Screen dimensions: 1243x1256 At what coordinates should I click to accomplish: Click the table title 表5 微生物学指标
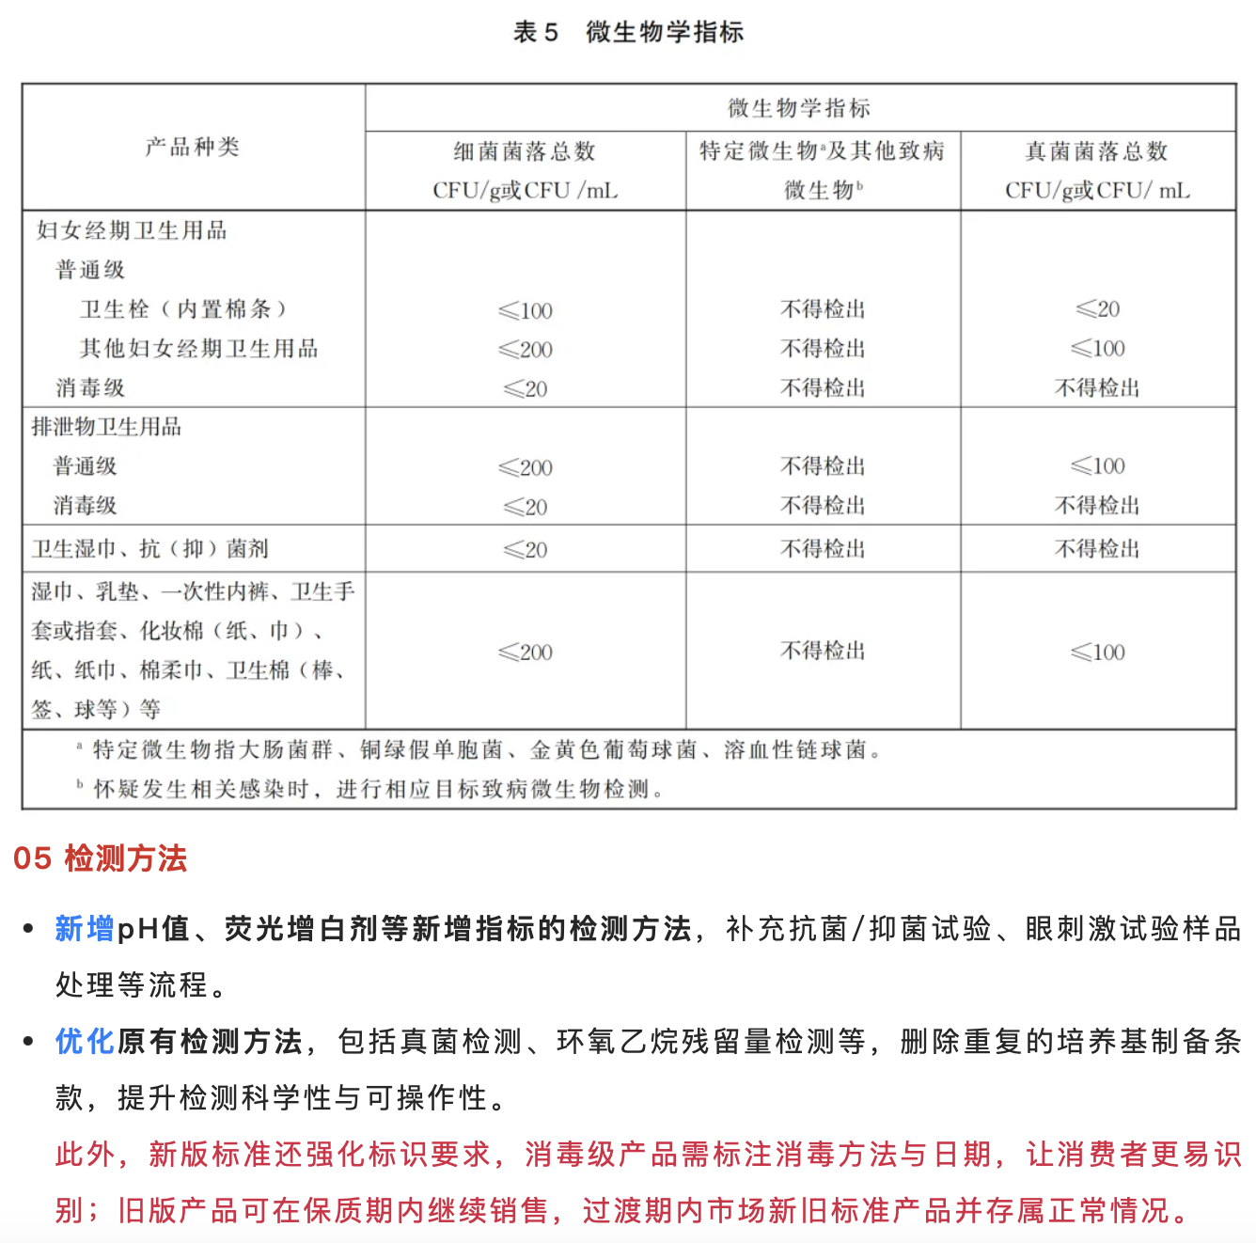point(628,32)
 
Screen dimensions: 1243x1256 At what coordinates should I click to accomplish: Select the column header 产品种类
point(193,147)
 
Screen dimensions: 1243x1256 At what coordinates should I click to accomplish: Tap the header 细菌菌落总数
point(525,151)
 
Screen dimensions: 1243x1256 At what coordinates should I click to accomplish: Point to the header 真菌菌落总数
point(1096,151)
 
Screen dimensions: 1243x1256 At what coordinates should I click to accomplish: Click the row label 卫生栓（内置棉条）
point(183,309)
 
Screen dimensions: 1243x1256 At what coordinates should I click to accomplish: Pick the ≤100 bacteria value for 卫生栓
point(526,311)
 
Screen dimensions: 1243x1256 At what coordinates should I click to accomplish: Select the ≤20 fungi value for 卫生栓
point(1097,309)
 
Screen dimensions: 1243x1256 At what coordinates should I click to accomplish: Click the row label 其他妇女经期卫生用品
point(198,349)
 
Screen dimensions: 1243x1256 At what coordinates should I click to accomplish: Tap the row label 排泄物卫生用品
point(106,427)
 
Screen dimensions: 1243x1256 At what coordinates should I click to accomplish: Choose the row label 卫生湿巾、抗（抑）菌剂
point(149,549)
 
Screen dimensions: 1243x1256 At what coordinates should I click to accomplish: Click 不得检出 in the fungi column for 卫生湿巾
point(1097,549)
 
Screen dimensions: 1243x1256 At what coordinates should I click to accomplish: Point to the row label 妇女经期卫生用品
point(132,230)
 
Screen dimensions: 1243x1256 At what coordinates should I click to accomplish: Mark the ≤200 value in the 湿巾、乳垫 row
point(526,653)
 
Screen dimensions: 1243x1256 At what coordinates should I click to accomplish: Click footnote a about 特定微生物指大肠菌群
point(479,750)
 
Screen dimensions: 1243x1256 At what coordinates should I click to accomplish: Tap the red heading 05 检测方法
point(101,858)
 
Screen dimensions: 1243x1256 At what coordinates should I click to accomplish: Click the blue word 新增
point(85,929)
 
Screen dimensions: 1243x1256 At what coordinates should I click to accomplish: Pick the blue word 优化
point(85,1042)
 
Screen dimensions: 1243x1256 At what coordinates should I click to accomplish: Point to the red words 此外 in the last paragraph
point(85,1155)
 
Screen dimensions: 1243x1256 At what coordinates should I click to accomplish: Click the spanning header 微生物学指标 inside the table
point(799,108)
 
